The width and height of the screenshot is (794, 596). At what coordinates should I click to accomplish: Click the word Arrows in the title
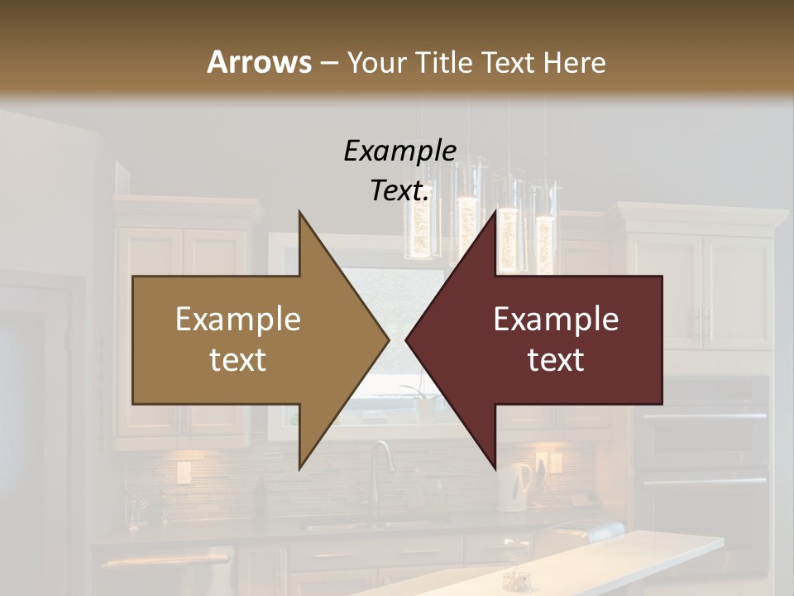coord(259,62)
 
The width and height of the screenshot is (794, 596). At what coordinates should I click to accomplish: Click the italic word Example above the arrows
coord(399,151)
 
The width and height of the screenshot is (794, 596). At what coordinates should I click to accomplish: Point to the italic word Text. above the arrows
coord(399,190)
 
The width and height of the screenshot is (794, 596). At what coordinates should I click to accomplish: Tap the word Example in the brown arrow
coord(238,319)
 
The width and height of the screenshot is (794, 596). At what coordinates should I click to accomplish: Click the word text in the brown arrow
coord(238,359)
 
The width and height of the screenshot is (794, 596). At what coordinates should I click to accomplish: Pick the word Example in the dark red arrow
coord(556,319)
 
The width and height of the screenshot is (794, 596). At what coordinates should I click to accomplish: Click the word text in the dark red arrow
coord(556,359)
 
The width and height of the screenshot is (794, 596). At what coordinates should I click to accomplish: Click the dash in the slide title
coord(328,63)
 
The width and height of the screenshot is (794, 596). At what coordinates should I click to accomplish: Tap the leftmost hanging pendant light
coord(422,223)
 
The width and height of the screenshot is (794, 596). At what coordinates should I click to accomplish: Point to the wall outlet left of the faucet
coord(183,473)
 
